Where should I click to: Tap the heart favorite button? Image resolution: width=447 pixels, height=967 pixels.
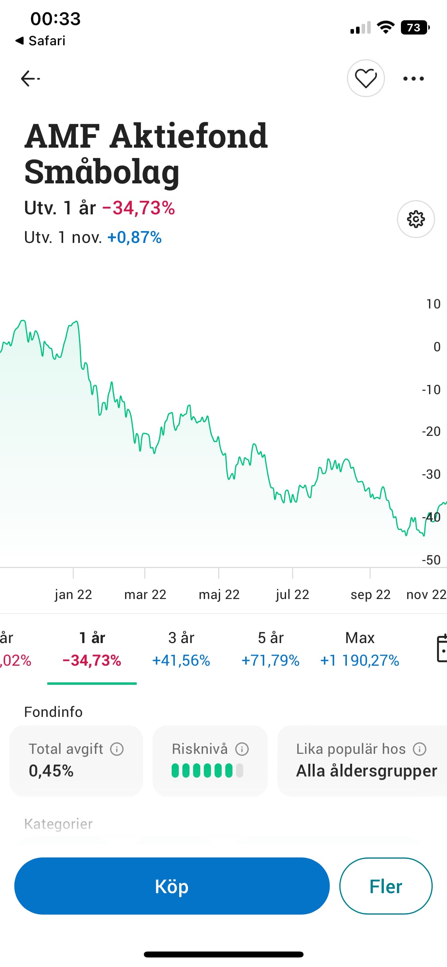tap(366, 78)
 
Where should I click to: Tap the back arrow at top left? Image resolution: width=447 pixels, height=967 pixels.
tap(30, 78)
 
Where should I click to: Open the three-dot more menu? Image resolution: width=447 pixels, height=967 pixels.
tap(413, 79)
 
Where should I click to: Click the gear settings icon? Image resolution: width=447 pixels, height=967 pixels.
tap(416, 219)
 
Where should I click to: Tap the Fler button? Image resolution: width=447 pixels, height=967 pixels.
tap(385, 886)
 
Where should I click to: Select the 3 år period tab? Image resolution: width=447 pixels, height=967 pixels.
tap(181, 649)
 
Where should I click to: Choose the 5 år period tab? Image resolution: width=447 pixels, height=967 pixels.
tap(271, 649)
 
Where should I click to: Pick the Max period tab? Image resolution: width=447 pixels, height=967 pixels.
tap(360, 649)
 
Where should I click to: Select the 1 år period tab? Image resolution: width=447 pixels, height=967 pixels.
tap(92, 649)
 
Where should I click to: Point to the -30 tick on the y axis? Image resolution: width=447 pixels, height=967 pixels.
tap(431, 474)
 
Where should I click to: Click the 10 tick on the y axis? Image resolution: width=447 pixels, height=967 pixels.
tap(433, 304)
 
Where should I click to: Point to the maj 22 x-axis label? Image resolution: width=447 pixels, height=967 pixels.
tap(219, 594)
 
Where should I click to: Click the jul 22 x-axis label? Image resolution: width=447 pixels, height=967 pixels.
tap(292, 594)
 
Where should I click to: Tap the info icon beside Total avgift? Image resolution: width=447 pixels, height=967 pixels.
tap(117, 749)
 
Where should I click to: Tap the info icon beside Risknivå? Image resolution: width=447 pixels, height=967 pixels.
tap(242, 749)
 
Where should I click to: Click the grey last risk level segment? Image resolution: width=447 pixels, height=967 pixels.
tap(239, 771)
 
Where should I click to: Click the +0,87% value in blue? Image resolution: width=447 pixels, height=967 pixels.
tap(134, 237)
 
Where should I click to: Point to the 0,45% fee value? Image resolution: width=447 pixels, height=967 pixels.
tap(51, 771)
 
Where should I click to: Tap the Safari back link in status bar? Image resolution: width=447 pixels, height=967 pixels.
tap(41, 40)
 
